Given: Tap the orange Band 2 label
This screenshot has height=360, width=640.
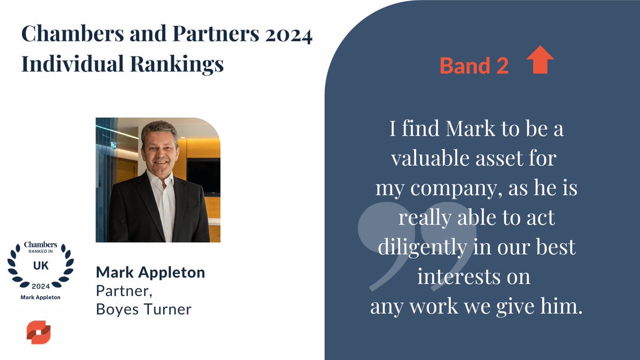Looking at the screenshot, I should pyautogui.click(x=474, y=66).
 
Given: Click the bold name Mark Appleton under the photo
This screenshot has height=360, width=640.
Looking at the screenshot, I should pyautogui.click(x=150, y=273).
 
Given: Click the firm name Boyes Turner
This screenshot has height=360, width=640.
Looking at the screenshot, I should pyautogui.click(x=143, y=309).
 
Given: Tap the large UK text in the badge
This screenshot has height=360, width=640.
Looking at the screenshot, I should pyautogui.click(x=40, y=265).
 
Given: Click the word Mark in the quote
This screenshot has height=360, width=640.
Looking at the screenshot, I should pyautogui.click(x=473, y=131).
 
